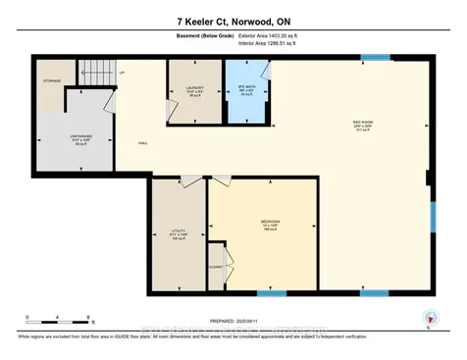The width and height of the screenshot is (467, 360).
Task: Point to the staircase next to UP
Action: pos(93,70)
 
